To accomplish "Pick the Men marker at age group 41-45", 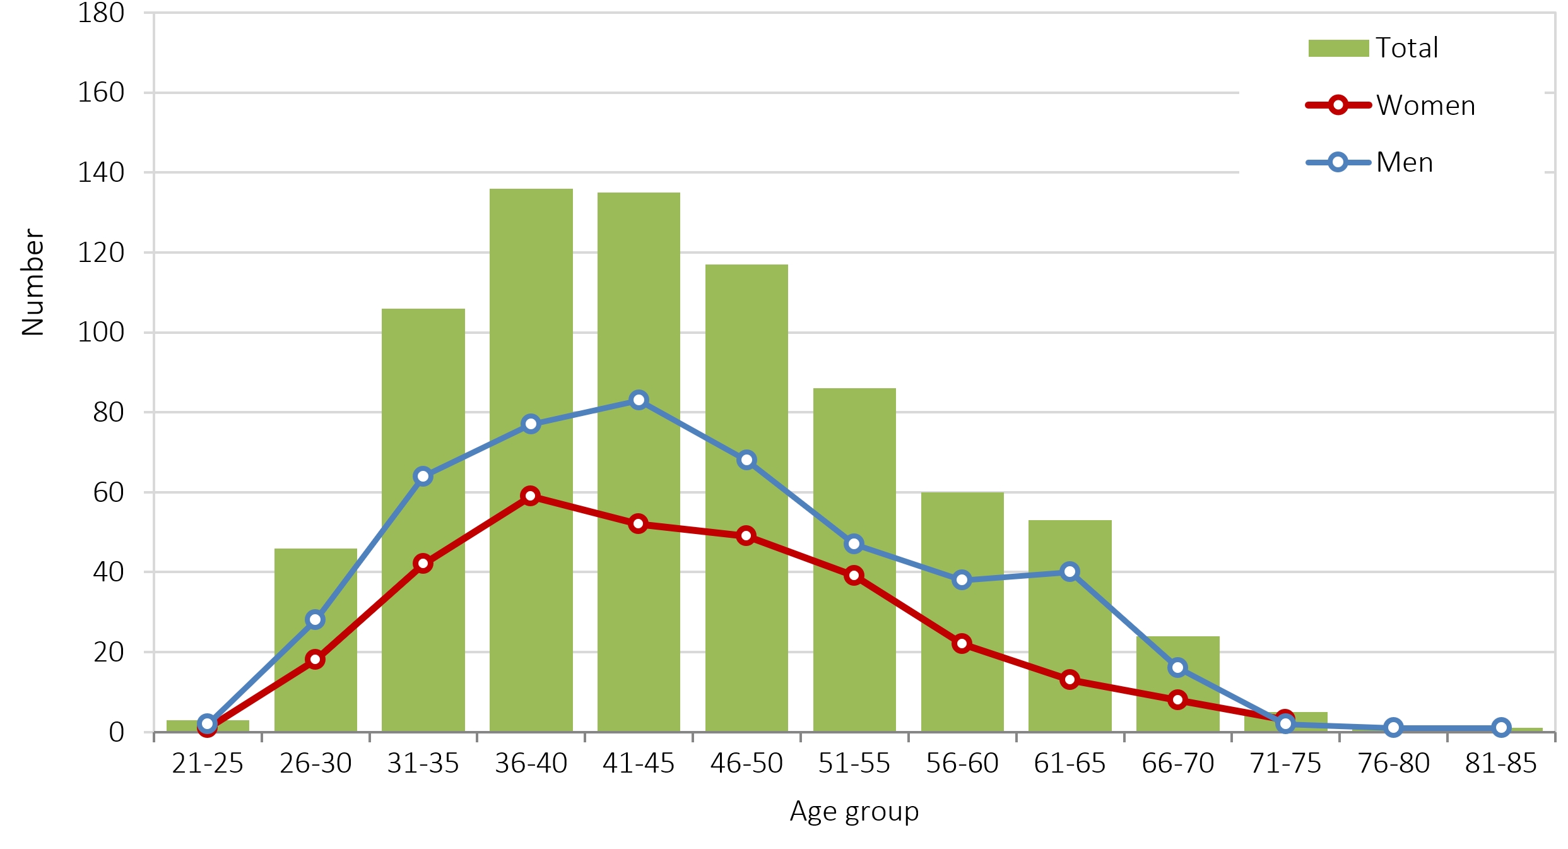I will coord(639,400).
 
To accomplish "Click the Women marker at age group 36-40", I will coord(531,496).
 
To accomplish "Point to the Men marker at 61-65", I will coord(1070,572).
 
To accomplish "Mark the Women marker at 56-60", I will coord(962,644).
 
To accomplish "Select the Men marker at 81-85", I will coord(1501,728).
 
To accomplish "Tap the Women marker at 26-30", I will coord(315,660).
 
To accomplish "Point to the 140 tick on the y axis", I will coord(101,172).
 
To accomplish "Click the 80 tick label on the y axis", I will coord(109,412).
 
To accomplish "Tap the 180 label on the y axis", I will coord(101,13).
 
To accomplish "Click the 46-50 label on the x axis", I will coord(746,764).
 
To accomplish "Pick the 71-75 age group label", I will coord(1285,764).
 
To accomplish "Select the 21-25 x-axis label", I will coord(208,764).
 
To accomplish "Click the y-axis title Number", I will coord(33,282).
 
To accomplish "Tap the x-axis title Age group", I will coord(854,812).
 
